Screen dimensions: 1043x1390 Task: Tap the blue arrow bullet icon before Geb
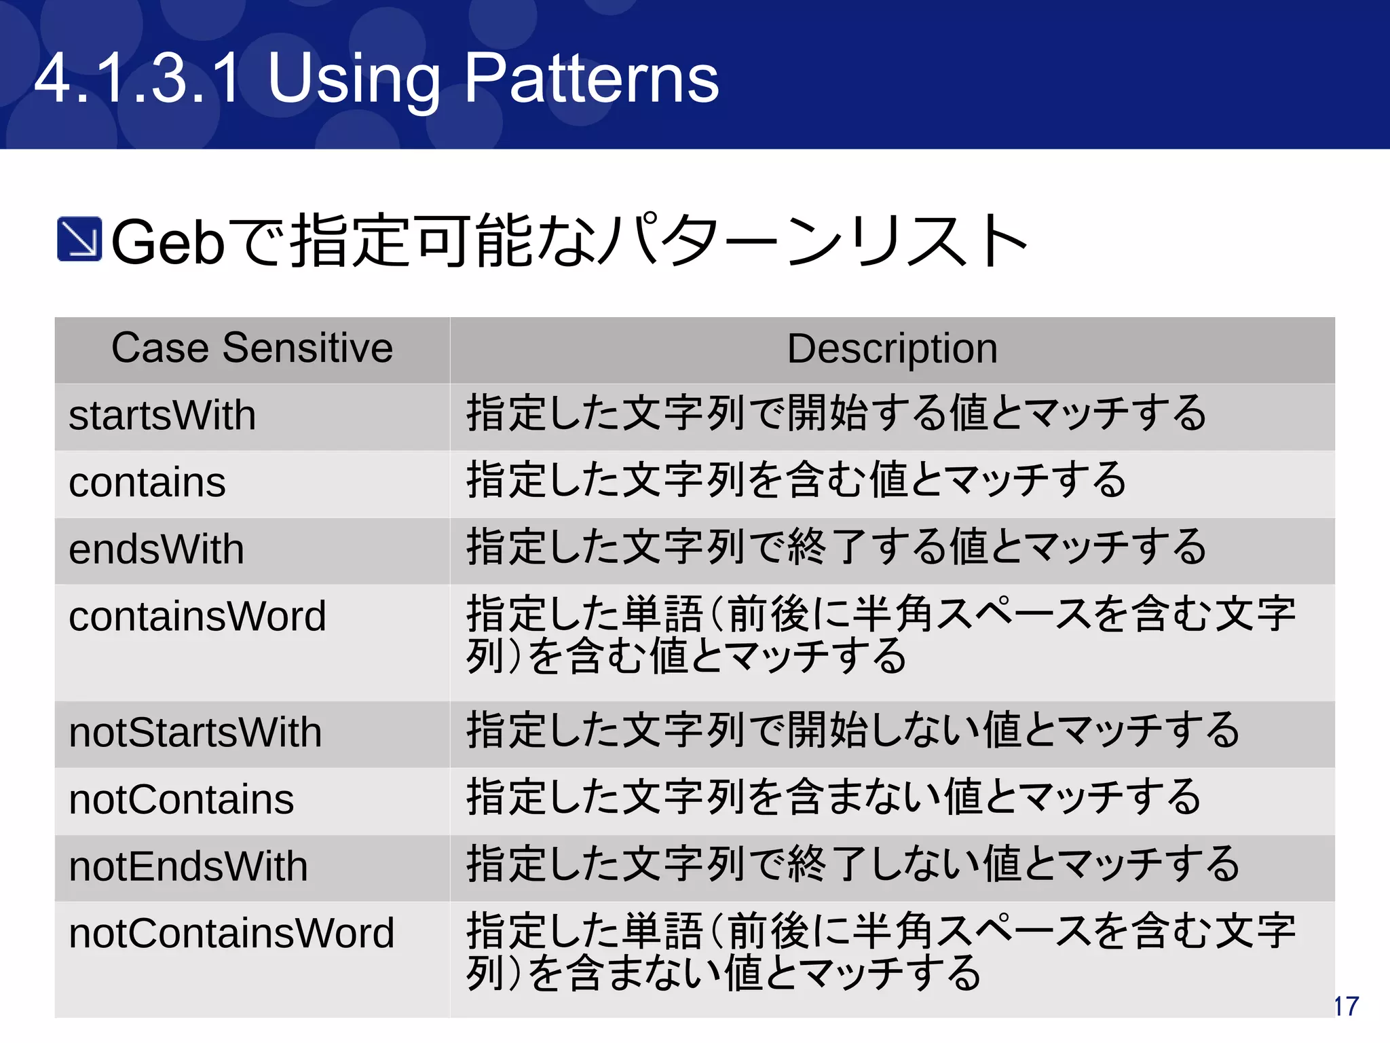[x=79, y=239]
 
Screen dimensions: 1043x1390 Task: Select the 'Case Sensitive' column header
[x=252, y=348]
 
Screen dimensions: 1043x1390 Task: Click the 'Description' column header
[x=892, y=349]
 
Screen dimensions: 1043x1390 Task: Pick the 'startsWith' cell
[x=162, y=416]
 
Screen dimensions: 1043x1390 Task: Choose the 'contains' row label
[x=147, y=483]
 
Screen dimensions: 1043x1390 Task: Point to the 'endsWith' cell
[x=156, y=549]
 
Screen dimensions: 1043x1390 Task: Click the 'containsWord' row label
[x=198, y=617]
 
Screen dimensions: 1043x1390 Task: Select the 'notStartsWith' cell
[x=195, y=733]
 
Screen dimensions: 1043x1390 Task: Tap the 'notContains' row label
[x=181, y=799]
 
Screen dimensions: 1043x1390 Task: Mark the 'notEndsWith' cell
[x=188, y=866]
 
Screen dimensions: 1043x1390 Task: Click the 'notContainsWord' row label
[x=231, y=934]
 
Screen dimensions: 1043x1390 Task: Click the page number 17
[x=1347, y=1006]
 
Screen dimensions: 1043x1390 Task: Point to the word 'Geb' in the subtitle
[x=168, y=242]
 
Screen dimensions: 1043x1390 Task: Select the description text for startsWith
[x=836, y=414]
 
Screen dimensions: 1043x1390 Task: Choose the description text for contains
[x=796, y=480]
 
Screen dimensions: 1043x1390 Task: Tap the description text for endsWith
[x=836, y=547]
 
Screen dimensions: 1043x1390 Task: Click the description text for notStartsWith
[x=853, y=731]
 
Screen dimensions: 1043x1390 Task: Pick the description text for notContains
[x=833, y=797]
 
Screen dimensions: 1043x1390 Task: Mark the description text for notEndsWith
[x=853, y=864]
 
